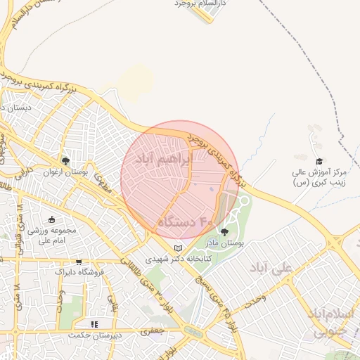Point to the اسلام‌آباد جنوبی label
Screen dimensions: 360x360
(330, 321)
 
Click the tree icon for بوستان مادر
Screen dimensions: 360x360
(225, 232)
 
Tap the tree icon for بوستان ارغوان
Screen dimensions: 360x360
(65, 161)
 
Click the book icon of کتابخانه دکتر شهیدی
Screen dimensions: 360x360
(178, 248)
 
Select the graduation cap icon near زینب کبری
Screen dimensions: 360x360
(319, 161)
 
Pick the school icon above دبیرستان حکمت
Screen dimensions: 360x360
(95, 324)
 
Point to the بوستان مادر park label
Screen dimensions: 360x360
(222, 243)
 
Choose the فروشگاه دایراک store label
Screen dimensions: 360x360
(79, 271)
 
